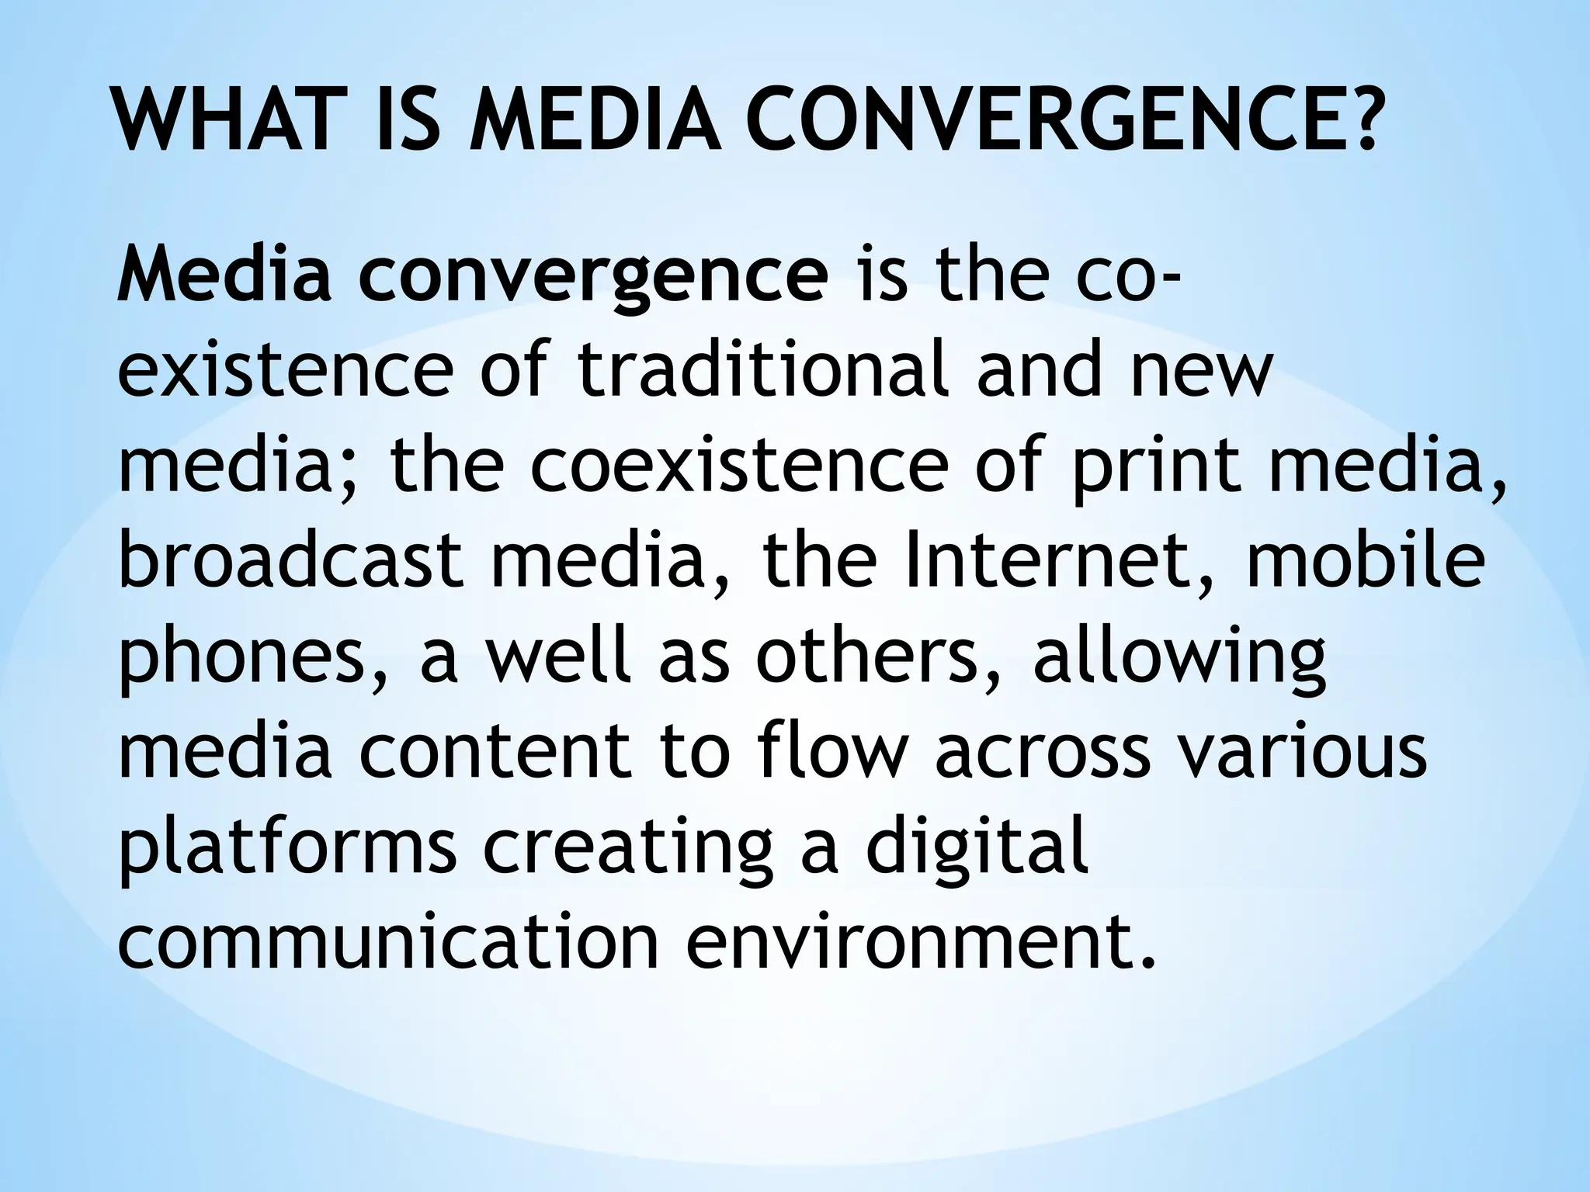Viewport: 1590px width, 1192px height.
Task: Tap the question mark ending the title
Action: [x=1356, y=121]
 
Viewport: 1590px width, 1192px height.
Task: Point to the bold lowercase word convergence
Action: [x=594, y=279]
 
